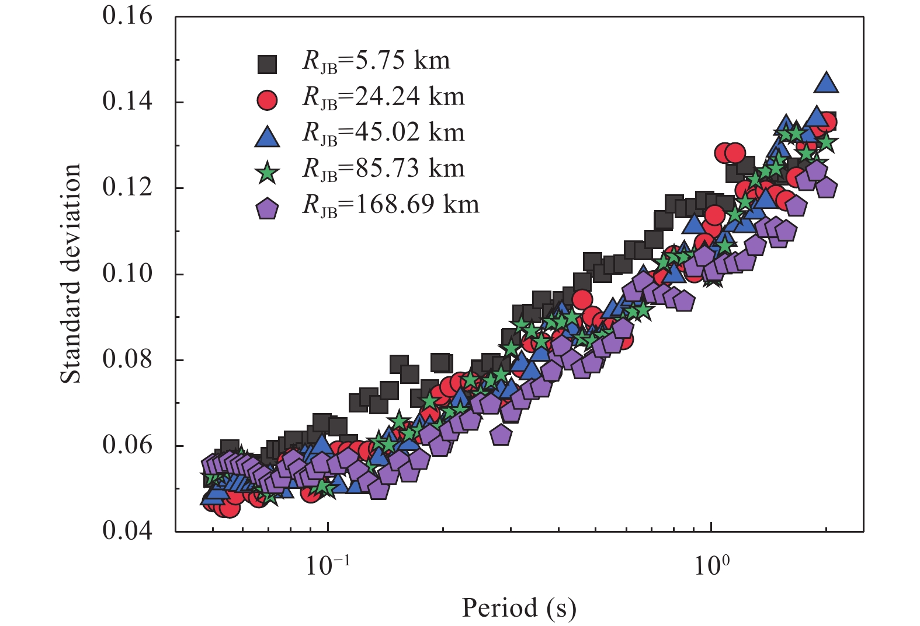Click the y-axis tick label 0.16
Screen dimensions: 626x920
click(x=127, y=16)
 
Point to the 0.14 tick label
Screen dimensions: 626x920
click(x=127, y=102)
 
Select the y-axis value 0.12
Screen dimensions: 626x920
click(x=127, y=187)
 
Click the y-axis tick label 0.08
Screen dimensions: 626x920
click(x=127, y=359)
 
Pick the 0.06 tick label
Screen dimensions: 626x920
click(x=127, y=445)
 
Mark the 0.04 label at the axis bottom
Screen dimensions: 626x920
click(x=127, y=531)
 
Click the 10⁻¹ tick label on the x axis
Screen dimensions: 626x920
click(x=328, y=565)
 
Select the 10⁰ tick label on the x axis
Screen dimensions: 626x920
click(x=711, y=565)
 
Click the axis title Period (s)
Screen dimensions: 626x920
click(x=519, y=608)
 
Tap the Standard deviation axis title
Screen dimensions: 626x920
click(x=71, y=274)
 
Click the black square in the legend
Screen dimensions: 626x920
click(x=268, y=64)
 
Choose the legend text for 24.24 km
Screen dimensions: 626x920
click(x=383, y=97)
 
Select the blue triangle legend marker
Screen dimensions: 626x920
click(x=268, y=136)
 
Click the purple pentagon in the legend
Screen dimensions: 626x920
click(x=268, y=208)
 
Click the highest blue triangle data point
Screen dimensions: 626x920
click(x=826, y=83)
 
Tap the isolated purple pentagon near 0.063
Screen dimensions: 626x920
click(x=501, y=435)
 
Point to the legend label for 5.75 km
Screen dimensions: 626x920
click(x=376, y=61)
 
